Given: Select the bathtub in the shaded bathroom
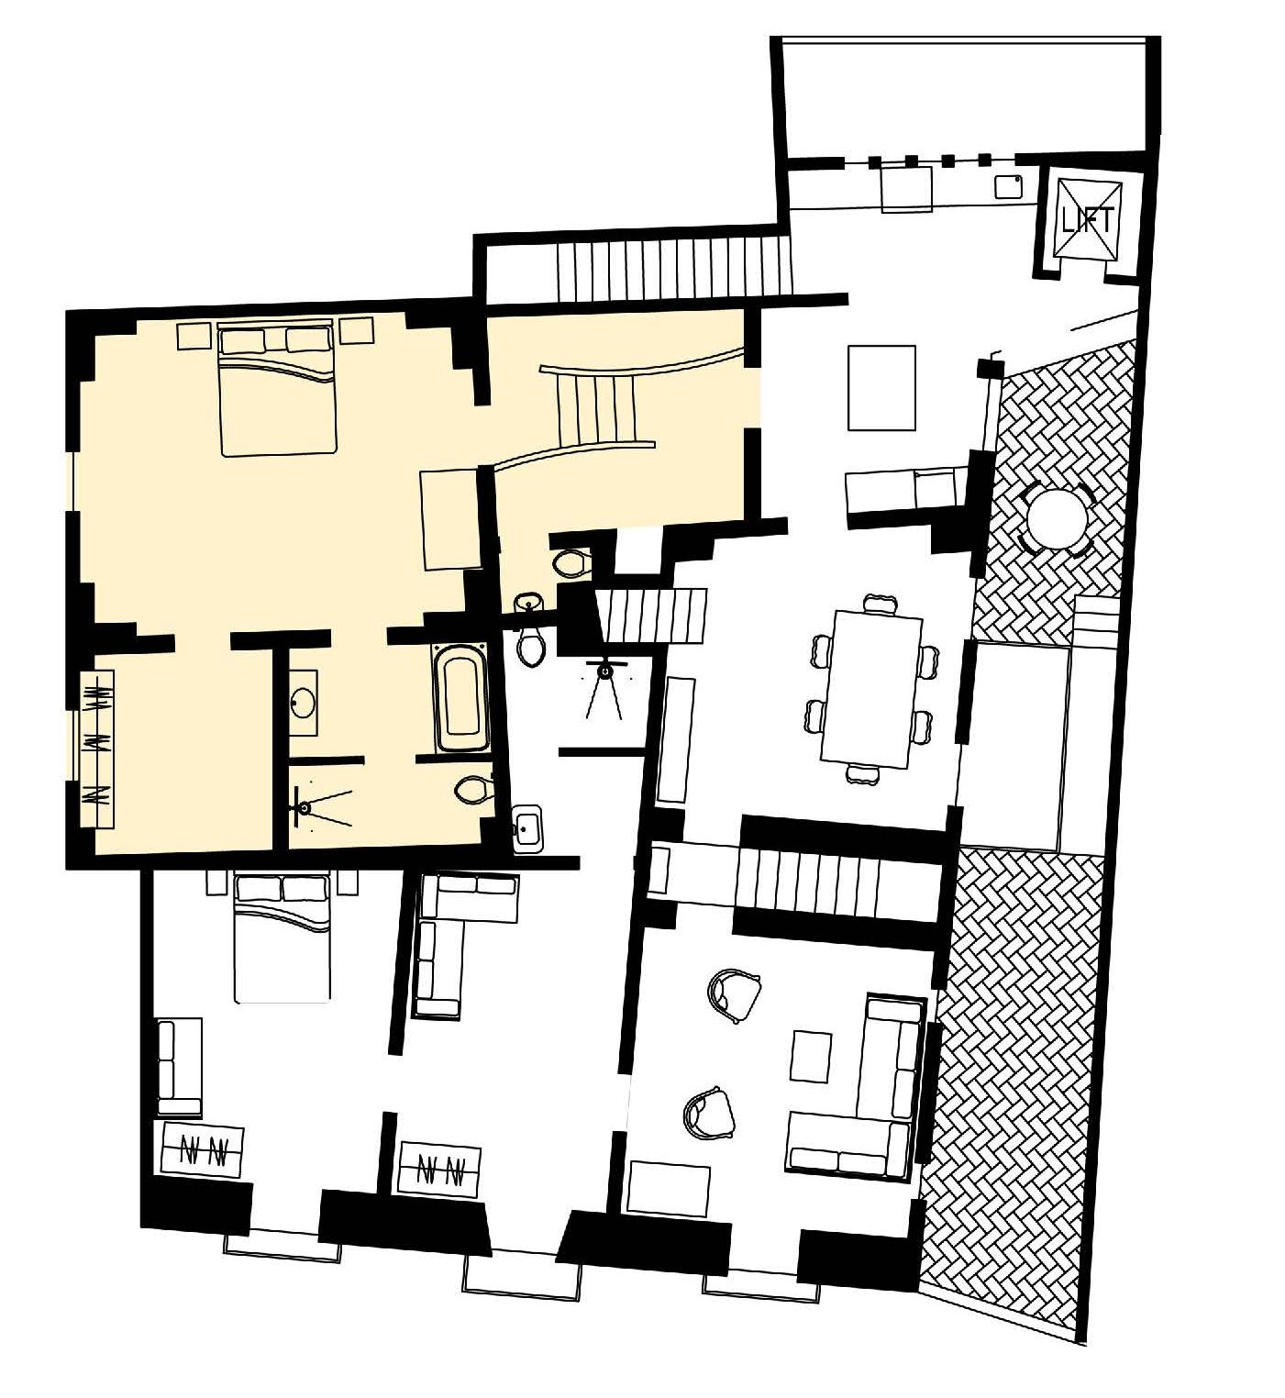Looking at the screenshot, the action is click(x=460, y=697).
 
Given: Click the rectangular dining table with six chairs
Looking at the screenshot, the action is click(x=871, y=688).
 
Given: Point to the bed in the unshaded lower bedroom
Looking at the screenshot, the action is click(x=282, y=938).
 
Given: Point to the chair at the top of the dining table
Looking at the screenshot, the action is click(x=881, y=602).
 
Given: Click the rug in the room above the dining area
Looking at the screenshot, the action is click(x=881, y=387).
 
